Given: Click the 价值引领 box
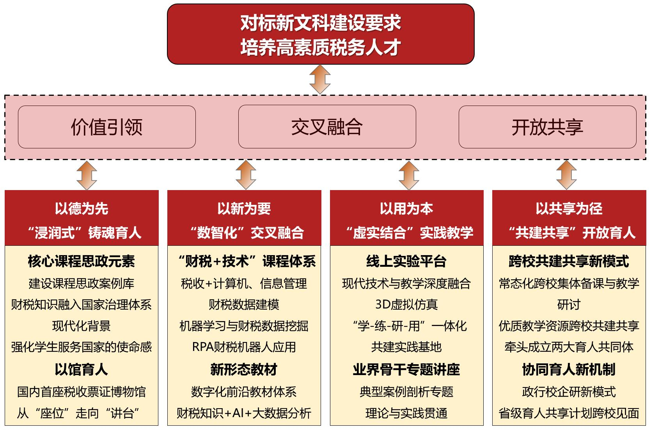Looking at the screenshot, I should point(106,127).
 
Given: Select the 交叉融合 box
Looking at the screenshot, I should point(327,127).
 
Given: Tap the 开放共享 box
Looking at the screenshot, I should point(547,127).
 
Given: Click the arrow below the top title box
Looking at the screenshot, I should point(320,79).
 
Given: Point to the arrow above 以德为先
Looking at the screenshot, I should point(87,175).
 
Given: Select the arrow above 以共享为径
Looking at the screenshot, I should point(566,175).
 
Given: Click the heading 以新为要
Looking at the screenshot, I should point(244,209).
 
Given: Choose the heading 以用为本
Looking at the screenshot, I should point(406,209).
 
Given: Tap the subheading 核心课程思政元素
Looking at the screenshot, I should point(81,261).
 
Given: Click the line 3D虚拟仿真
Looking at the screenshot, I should point(406,304).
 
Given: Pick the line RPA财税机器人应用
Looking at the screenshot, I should point(244,347).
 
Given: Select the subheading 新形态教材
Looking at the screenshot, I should point(244,369).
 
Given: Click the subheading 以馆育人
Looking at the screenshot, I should point(81,369).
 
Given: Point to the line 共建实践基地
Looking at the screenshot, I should point(406,347).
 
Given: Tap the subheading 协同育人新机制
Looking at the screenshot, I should point(569,369).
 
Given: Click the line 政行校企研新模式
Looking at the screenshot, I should point(569,391).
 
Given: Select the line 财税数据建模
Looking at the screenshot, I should point(244,304).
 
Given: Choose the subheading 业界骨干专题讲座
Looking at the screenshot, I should point(406,369).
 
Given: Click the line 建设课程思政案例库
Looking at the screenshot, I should point(81,283).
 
